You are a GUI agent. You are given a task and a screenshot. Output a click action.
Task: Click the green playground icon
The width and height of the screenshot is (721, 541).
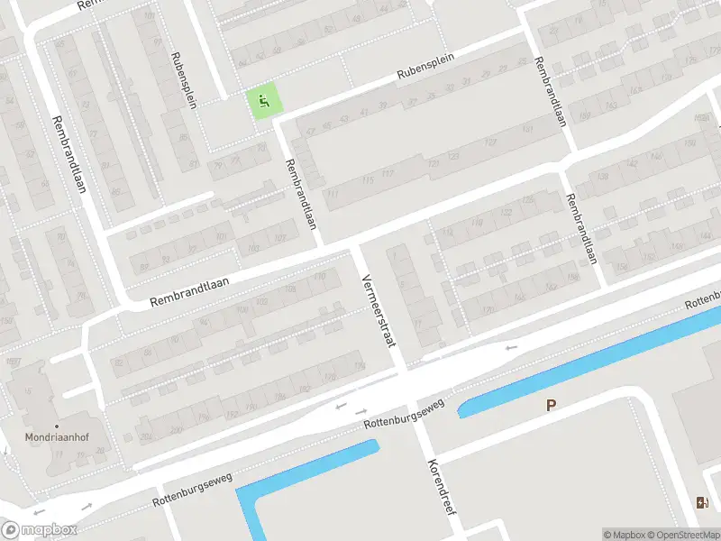[x=263, y=101]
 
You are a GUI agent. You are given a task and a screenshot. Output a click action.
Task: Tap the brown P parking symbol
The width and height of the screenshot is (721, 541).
[x=550, y=406]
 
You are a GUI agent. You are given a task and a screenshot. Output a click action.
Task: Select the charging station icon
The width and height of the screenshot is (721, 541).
[x=702, y=502]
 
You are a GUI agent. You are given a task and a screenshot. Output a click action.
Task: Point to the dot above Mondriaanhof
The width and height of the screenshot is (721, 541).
[x=57, y=426]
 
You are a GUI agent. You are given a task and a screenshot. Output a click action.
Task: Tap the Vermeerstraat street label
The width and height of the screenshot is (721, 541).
[x=379, y=310]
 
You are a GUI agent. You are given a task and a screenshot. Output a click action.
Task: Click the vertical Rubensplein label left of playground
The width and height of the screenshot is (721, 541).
[x=183, y=80]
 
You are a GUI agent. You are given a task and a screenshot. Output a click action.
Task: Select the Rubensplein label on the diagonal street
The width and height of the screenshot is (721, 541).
[x=424, y=68]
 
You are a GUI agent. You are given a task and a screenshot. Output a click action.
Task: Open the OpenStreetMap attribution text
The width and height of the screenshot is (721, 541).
[x=683, y=535]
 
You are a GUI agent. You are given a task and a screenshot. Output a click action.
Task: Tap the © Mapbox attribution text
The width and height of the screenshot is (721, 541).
[x=625, y=535]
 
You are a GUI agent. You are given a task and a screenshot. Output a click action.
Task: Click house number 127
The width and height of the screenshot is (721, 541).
[x=491, y=142]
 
